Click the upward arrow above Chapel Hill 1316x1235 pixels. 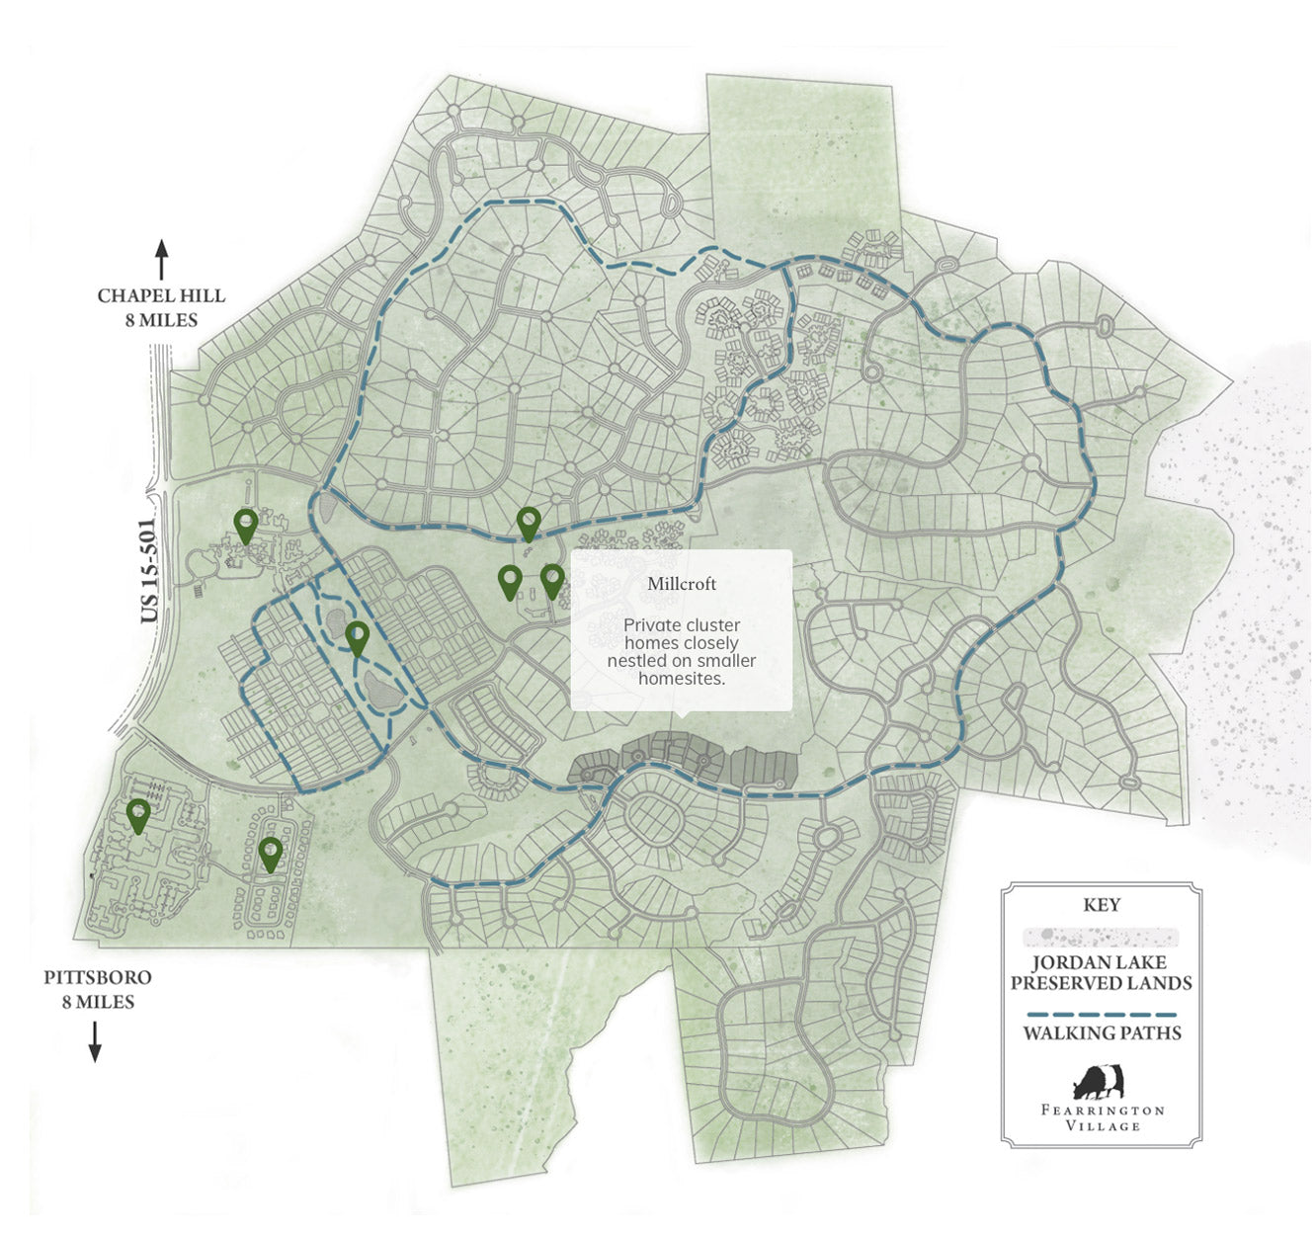(x=161, y=260)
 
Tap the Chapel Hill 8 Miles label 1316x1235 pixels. (x=161, y=307)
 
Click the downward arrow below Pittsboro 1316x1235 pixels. (x=95, y=1042)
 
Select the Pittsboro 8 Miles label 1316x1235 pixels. (x=97, y=989)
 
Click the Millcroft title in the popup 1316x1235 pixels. (x=682, y=584)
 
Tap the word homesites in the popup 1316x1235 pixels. (x=682, y=679)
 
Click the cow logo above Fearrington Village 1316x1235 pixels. (x=1101, y=1083)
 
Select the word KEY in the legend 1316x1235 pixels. (x=1102, y=905)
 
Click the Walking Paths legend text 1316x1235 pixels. (x=1102, y=1033)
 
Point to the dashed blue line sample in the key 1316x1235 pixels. (x=1102, y=1015)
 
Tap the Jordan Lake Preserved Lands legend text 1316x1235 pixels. (x=1101, y=973)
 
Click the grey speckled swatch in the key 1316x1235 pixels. (x=1101, y=937)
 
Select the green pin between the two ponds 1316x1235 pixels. (x=357, y=637)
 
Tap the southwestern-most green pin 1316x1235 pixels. (x=138, y=814)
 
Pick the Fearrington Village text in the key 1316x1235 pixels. (x=1103, y=1117)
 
